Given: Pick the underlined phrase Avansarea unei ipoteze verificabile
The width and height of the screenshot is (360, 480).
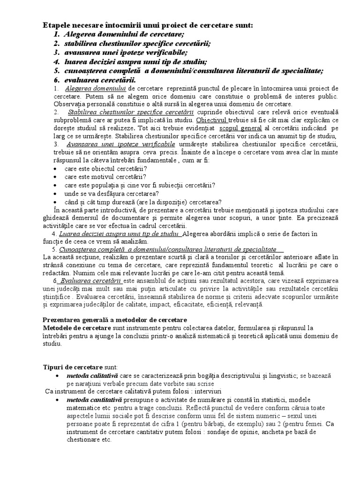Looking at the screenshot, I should [121, 143].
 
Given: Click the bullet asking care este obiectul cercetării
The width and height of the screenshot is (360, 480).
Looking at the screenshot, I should [105, 168].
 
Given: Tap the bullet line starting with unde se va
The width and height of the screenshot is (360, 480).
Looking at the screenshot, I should [112, 193].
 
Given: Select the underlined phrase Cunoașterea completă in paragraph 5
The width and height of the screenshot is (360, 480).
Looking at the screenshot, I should [168, 249].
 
